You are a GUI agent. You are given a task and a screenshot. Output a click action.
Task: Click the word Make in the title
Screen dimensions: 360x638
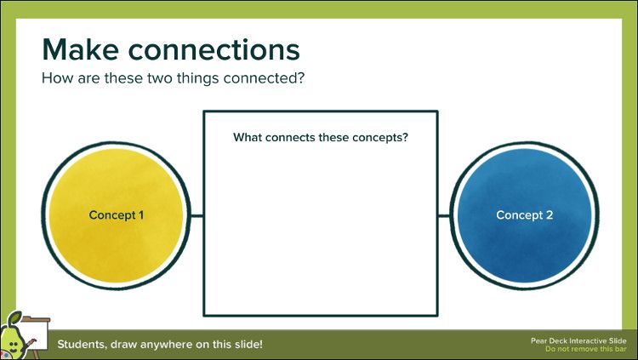pyautogui.click(x=80, y=49)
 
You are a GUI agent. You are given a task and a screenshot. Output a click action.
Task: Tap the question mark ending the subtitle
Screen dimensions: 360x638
pyautogui.click(x=301, y=78)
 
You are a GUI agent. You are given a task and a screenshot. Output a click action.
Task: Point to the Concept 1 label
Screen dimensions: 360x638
pyautogui.click(x=116, y=215)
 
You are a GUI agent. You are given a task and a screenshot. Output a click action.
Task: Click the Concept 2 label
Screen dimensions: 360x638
pyautogui.click(x=524, y=215)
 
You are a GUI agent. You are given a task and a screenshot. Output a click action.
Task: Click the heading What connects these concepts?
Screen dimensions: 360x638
pyautogui.click(x=321, y=137)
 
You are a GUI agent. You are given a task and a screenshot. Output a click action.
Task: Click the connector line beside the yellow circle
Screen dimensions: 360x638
pyautogui.click(x=196, y=215)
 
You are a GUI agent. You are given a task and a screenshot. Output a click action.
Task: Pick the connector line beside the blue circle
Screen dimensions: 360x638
pyautogui.click(x=444, y=215)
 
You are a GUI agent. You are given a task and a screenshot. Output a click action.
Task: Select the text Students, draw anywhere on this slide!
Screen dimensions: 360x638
pyautogui.click(x=160, y=345)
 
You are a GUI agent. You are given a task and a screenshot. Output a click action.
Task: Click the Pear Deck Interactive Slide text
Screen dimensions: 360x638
pyautogui.click(x=578, y=340)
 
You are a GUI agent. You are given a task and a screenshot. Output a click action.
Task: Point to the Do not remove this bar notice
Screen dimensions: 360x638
pyautogui.click(x=585, y=349)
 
